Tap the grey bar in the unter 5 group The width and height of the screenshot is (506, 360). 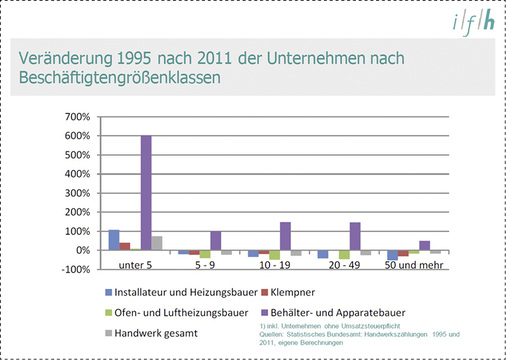(x=157, y=243)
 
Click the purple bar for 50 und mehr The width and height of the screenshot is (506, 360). (x=424, y=245)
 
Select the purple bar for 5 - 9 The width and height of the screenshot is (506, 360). (x=215, y=241)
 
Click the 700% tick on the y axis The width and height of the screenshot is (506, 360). (x=76, y=117)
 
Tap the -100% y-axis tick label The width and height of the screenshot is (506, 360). (x=75, y=269)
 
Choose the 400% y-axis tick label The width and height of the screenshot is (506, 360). (x=76, y=174)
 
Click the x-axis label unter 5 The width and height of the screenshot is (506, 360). (x=135, y=268)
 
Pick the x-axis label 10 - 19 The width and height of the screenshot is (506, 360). (x=275, y=268)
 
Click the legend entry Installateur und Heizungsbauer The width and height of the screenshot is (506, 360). (x=168, y=292)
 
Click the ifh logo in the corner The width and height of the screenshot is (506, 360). (x=472, y=24)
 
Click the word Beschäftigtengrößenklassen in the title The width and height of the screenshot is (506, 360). (x=115, y=76)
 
